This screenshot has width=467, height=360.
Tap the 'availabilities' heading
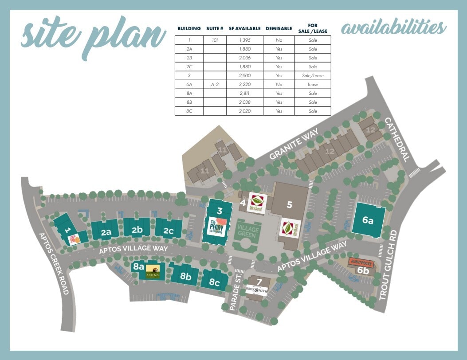(x=393, y=27)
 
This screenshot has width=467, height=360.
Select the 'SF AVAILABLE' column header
(x=243, y=28)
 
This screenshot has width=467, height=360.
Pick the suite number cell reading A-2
(x=215, y=84)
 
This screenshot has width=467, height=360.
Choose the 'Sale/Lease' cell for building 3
(x=313, y=75)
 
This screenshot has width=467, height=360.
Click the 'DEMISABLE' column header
(x=279, y=28)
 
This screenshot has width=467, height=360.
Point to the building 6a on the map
(x=368, y=219)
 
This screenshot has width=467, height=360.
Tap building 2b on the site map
(x=137, y=229)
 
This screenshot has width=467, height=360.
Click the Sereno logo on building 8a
(x=153, y=271)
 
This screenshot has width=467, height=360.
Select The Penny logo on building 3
(x=218, y=226)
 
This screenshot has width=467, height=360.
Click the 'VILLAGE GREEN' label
(x=248, y=231)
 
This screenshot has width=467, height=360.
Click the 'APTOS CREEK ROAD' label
(x=54, y=263)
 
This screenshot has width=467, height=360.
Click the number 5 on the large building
(x=290, y=204)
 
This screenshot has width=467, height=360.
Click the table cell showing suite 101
(x=215, y=40)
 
